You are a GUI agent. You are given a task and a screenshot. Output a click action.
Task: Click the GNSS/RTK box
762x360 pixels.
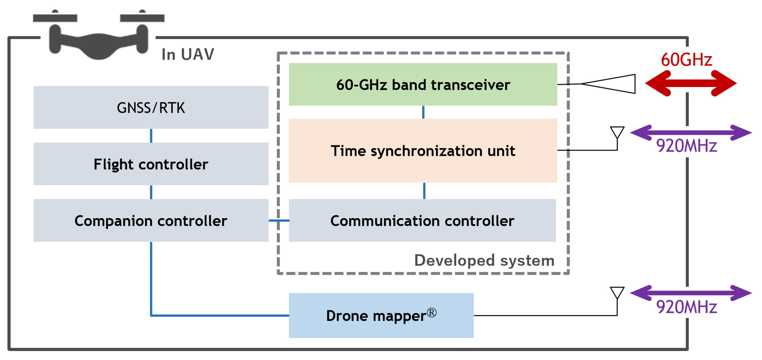151,108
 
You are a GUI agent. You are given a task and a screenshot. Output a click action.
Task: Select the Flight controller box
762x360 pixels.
151,164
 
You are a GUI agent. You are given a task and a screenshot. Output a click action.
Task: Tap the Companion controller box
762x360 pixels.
151,221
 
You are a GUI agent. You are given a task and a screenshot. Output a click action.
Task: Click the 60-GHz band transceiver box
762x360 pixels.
423,85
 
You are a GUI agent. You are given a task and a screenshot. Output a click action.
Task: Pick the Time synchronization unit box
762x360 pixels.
423,151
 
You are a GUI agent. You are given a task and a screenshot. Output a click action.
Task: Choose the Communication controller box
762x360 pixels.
422,221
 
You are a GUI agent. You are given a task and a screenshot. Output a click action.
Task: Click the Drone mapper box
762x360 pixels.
381,316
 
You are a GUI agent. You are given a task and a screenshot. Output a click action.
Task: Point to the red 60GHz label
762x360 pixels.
686,60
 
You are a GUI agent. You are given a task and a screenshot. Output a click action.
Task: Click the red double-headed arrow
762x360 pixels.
691,83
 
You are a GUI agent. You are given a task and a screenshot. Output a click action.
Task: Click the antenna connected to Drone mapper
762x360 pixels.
617,293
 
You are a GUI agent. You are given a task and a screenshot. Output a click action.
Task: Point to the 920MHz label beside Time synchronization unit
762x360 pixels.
686,146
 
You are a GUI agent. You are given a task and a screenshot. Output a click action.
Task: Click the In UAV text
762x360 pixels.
188,55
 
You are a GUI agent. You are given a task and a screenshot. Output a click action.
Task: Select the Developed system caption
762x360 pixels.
484,261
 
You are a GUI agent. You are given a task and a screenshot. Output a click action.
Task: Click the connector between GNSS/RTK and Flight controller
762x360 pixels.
151,136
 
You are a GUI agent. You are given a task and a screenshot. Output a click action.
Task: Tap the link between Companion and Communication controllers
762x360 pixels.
279,221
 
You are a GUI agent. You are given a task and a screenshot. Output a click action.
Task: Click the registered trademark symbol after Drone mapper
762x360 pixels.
432,313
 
